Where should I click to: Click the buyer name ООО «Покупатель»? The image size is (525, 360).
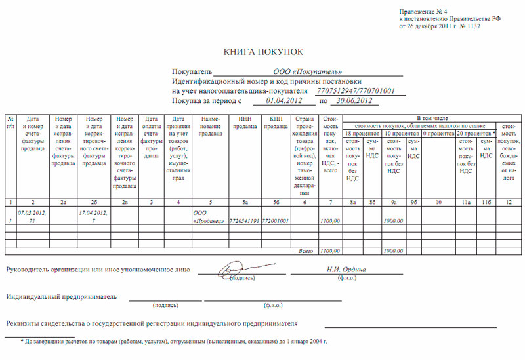308,71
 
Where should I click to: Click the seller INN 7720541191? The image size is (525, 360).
241,222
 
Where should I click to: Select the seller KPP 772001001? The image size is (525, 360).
276,222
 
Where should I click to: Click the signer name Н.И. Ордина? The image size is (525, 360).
346,270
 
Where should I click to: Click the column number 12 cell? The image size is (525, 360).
508,203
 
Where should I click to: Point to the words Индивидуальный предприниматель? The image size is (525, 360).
62,296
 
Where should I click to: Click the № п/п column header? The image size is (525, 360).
11,121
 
